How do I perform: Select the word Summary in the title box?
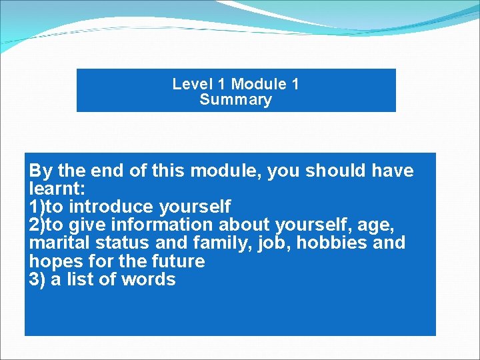235,100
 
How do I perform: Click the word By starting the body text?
41,171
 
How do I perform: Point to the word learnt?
56,189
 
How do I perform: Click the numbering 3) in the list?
37,279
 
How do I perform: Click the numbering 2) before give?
37,225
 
